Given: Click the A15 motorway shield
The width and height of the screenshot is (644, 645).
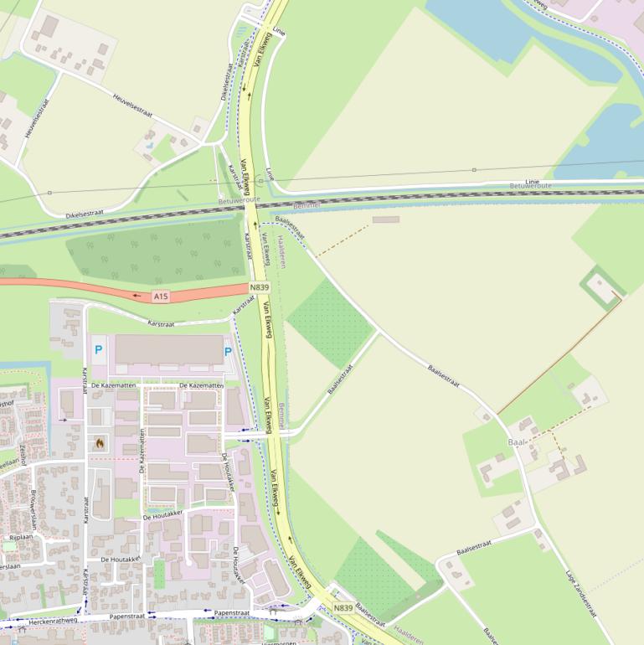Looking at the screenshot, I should [161, 297].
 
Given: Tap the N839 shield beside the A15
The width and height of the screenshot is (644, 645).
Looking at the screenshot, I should [260, 287].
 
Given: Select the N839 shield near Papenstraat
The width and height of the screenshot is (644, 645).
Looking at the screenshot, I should [343, 608].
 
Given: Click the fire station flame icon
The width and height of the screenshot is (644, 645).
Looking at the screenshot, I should [100, 442].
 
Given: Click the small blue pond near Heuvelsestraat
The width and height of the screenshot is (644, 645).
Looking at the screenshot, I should [148, 145].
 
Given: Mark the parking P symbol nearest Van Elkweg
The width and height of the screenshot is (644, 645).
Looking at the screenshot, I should [228, 352].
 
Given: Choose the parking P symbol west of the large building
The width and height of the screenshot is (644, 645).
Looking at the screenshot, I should [99, 349].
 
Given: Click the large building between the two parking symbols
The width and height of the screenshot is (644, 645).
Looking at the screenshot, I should [168, 349].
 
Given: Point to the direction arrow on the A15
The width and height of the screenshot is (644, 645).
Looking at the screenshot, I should [137, 296].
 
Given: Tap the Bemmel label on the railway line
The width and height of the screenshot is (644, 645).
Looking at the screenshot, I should [307, 204].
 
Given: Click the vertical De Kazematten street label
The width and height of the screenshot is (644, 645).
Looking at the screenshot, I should [142, 457].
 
